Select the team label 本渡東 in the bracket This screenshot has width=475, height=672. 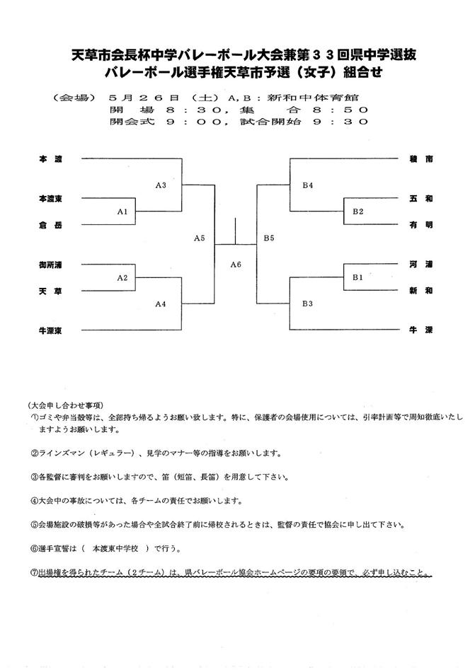pyautogui.click(x=50, y=199)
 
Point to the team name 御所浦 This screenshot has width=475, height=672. pyautogui.click(x=50, y=265)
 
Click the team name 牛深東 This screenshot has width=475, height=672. pyautogui.click(x=50, y=330)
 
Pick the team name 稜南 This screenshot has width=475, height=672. pyautogui.click(x=420, y=160)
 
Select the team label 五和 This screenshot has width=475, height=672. pyautogui.click(x=420, y=199)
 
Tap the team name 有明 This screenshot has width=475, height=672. pyautogui.click(x=420, y=225)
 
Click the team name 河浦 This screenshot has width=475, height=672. pyautogui.click(x=420, y=265)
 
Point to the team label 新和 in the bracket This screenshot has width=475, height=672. pyautogui.click(x=420, y=290)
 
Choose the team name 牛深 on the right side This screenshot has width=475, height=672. pyautogui.click(x=420, y=330)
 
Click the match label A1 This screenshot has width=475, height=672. pyautogui.click(x=122, y=212)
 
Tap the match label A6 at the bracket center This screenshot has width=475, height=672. pyautogui.click(x=236, y=265)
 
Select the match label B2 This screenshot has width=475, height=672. pyautogui.click(x=357, y=212)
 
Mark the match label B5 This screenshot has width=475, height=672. pyautogui.click(x=269, y=238)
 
